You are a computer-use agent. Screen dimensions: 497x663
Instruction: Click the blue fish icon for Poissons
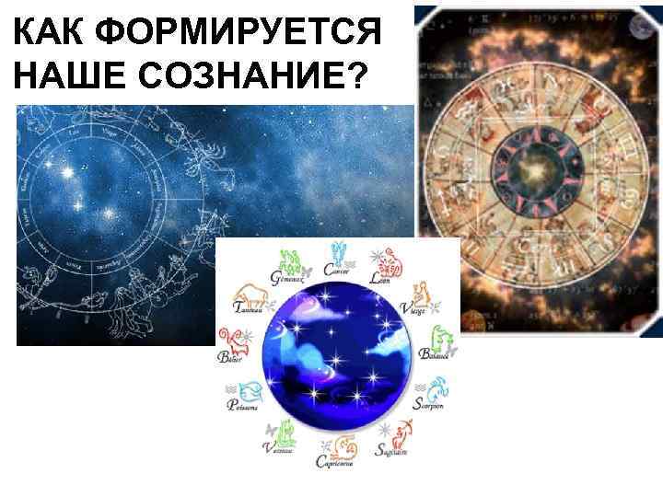click(x=246, y=390)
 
